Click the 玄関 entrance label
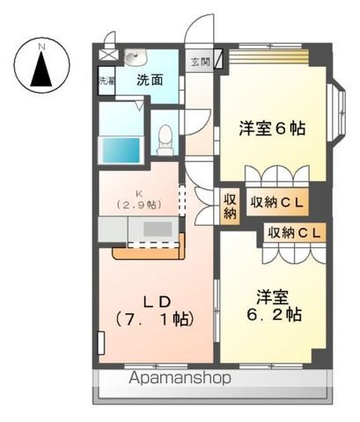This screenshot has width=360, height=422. (x=200, y=62)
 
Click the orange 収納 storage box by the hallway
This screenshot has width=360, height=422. (x=230, y=205)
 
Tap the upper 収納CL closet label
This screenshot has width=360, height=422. (x=276, y=203)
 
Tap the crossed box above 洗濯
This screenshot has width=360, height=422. (x=107, y=55)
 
